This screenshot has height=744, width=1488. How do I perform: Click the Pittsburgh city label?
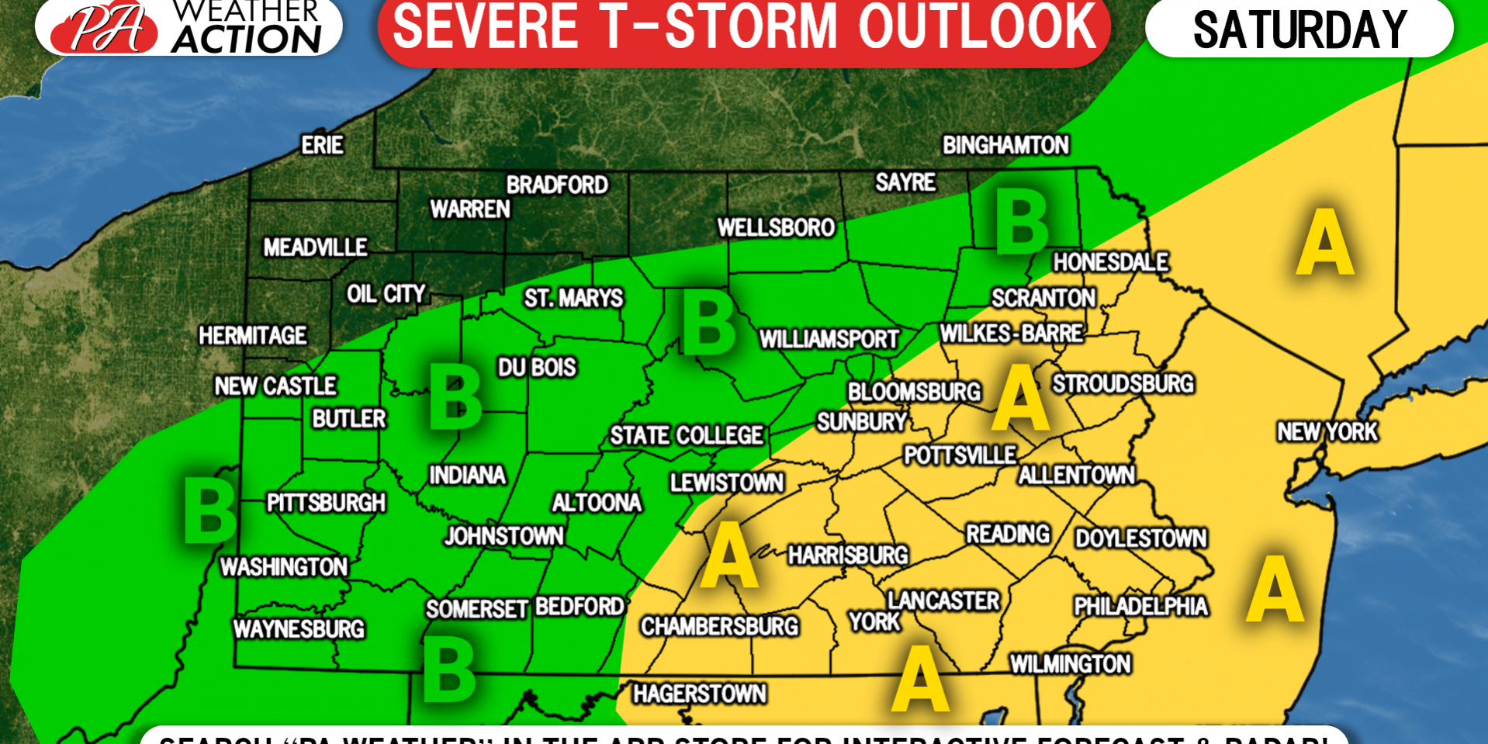[x=326, y=503]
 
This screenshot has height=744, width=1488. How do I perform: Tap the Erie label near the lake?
[x=322, y=145]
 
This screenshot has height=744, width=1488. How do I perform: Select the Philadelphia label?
[x=1140, y=606]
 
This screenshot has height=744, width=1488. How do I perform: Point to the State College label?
[x=687, y=435]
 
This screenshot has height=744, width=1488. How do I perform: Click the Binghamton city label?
[x=1005, y=145]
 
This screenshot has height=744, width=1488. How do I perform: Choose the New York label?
[x=1327, y=431]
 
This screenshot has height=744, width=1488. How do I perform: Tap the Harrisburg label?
[x=848, y=555]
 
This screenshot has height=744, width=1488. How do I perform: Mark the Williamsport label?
[x=829, y=339]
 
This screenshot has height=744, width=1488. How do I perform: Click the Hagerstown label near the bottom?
[x=700, y=694]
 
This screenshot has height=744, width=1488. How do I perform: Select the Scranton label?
[x=1043, y=298]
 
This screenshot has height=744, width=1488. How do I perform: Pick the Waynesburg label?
[x=299, y=628]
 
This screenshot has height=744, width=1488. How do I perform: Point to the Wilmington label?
[x=1070, y=664]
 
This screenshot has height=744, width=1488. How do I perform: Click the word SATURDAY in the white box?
[x=1299, y=29]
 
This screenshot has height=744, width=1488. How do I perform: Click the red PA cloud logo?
[x=105, y=28]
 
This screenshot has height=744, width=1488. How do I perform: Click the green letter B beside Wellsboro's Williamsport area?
[x=708, y=323]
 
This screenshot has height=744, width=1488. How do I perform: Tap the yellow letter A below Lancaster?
[x=920, y=678]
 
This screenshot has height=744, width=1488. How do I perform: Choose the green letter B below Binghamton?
[x=1022, y=223]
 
